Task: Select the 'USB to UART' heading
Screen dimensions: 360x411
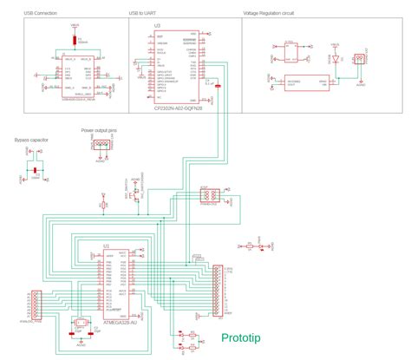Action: tap(144, 15)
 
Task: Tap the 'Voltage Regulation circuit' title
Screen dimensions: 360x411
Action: tap(269, 15)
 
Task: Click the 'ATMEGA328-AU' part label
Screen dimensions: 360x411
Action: tap(121, 323)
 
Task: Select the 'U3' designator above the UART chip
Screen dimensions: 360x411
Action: tap(157, 26)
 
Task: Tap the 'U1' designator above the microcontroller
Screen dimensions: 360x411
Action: tap(106, 246)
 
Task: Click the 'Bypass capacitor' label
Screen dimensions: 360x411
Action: tap(32, 140)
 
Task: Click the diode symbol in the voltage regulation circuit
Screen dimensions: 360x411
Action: tap(334, 57)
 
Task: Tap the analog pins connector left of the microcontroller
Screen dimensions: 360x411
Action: tap(36, 304)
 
